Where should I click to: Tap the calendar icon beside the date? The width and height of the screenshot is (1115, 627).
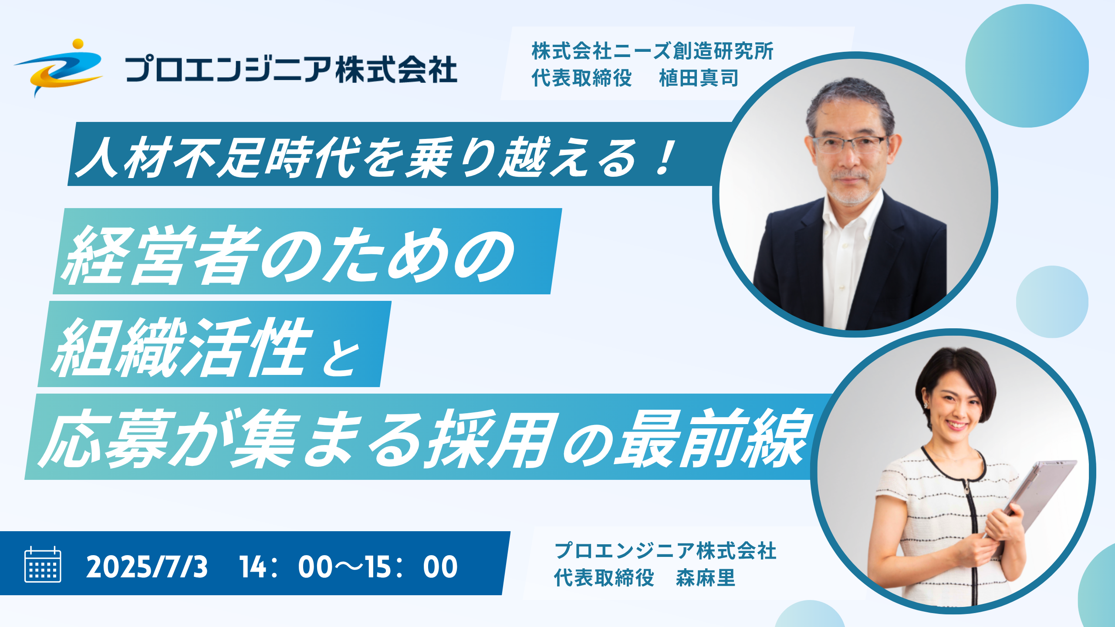point(43,564)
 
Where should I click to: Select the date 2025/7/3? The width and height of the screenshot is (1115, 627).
point(147,567)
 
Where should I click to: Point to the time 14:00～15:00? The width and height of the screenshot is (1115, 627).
point(348,567)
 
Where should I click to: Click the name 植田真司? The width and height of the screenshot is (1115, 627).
point(699,78)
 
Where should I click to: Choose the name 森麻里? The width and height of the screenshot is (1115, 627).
point(706,578)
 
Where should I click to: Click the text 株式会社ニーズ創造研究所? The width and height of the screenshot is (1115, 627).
point(652,51)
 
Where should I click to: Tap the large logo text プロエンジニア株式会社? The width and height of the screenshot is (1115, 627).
point(291,69)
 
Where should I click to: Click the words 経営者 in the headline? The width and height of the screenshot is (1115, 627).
point(161,255)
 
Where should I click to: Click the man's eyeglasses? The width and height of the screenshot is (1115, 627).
point(849,144)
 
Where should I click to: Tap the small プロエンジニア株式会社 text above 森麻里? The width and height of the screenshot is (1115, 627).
point(666,551)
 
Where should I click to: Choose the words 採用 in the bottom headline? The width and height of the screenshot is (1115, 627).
point(492,438)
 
